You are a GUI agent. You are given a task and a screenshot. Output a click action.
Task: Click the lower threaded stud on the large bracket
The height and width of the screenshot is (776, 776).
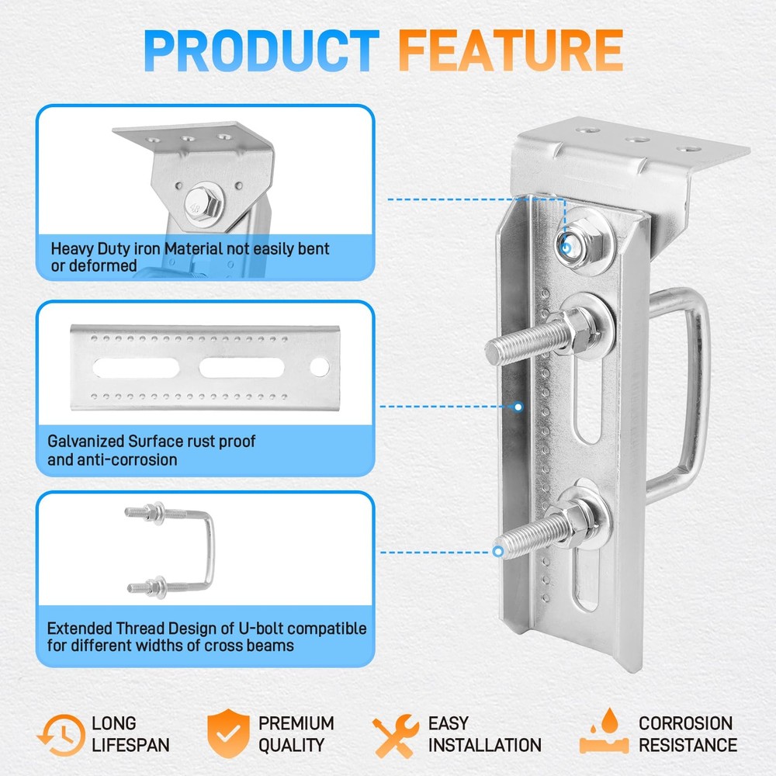(535, 535)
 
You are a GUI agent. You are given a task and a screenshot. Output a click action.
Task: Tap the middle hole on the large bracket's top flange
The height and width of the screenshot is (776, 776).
(636, 140)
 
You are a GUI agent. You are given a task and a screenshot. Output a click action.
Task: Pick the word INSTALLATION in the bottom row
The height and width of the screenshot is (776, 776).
(485, 745)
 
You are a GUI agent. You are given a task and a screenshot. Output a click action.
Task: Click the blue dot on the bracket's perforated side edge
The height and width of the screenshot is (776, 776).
(519, 405)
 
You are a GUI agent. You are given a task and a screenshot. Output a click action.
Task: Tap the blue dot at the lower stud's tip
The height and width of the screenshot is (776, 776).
(497, 552)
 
